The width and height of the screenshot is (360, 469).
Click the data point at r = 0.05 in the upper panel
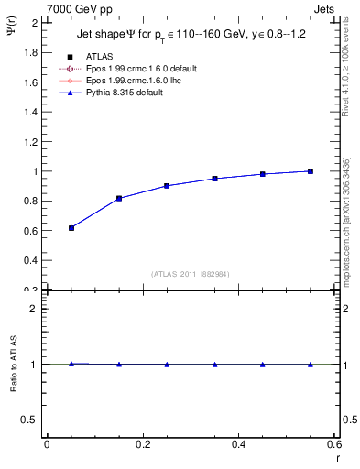pos(71,227)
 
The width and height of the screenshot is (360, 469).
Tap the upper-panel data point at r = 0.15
pos(119,198)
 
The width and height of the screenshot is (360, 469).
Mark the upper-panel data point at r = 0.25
pos(167,185)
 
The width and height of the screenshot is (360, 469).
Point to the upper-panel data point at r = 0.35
pos(214,179)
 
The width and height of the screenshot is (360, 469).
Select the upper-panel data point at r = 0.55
pos(311,171)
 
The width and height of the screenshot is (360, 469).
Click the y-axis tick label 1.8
pos(30,52)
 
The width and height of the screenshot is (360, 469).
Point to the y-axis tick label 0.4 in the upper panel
pos(30,260)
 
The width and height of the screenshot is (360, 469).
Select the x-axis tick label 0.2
pos(142,445)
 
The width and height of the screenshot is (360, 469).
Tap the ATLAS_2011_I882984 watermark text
pos(191,273)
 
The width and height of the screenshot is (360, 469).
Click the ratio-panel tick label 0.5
pos(30,420)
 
